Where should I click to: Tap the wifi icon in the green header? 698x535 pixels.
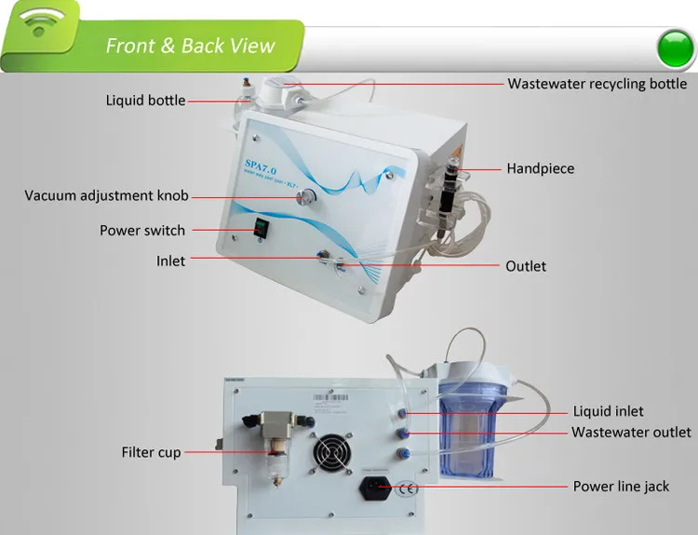[x=37, y=27]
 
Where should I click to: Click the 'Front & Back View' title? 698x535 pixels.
[x=190, y=46]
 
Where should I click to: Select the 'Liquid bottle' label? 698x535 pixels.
[x=145, y=100]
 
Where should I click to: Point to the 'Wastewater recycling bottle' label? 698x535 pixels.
[x=597, y=84]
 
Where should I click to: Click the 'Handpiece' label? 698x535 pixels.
[x=540, y=168]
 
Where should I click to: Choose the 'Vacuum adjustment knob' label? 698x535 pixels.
[x=106, y=196]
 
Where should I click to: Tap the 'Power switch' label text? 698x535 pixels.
[x=142, y=230]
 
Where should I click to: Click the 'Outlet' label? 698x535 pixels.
[x=526, y=266]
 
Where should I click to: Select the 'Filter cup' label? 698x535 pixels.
[x=151, y=452]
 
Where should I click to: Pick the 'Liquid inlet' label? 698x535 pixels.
[x=608, y=411]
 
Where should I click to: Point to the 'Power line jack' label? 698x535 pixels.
[x=621, y=486]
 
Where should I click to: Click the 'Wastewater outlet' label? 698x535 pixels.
[x=631, y=432]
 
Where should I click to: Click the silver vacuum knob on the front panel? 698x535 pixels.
[x=305, y=197]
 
